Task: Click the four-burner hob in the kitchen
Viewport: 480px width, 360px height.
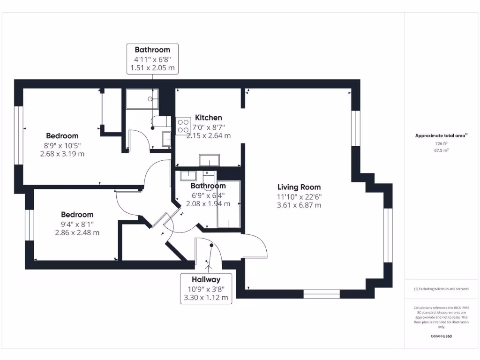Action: point(183,127)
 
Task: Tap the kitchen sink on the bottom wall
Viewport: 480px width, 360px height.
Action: point(209,160)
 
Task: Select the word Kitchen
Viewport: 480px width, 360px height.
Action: point(209,118)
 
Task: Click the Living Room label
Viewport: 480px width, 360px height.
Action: point(299,187)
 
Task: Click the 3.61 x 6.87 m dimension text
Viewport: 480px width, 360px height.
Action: point(299,205)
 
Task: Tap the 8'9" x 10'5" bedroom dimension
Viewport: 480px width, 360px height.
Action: point(62,145)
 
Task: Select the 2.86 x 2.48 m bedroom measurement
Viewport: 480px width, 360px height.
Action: point(77,232)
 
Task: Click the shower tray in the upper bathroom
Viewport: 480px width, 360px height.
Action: point(142,99)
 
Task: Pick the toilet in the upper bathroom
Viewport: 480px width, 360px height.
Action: point(160,123)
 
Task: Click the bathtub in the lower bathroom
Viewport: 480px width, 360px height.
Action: point(229,204)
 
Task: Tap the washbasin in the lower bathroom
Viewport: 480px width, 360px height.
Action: point(188,176)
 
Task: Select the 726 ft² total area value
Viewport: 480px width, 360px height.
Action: point(441,143)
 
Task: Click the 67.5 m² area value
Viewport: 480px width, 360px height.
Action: point(441,150)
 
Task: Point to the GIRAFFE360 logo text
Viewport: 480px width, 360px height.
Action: point(441,336)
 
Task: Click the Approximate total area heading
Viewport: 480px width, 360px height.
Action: point(441,135)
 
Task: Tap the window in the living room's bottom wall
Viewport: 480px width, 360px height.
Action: point(321,294)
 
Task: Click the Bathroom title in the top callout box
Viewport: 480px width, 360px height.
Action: point(152,50)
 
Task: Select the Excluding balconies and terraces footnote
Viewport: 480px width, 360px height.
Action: point(441,289)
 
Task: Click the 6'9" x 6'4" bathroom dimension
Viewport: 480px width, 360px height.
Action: point(208,195)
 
